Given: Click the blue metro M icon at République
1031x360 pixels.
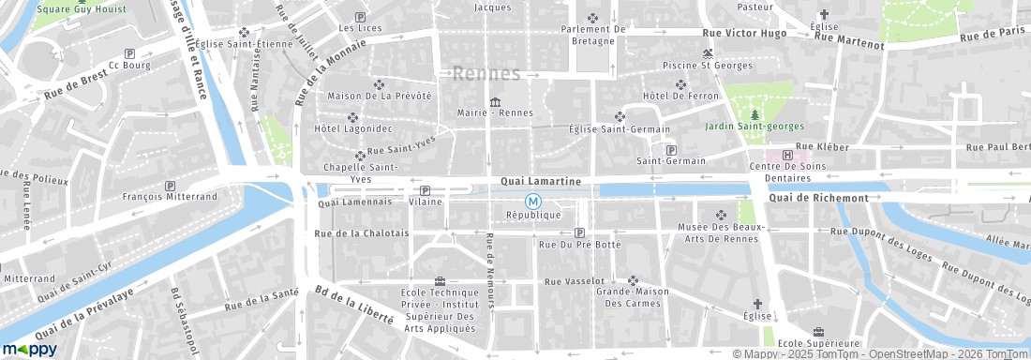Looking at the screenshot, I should click(x=532, y=201).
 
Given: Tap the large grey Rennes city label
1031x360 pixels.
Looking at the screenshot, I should click(x=486, y=74).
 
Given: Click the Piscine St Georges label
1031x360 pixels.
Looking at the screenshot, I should click(x=707, y=66).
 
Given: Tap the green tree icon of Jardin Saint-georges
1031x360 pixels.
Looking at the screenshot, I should click(x=755, y=114).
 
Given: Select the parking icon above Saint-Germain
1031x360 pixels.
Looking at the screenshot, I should click(x=670, y=149).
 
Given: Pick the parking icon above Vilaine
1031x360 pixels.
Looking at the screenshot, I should click(x=425, y=190).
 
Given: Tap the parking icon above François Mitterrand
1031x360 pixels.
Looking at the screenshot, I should click(x=170, y=186).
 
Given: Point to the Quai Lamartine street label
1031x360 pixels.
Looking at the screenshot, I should click(x=541, y=180).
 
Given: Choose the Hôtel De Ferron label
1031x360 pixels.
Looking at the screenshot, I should click(x=680, y=97).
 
